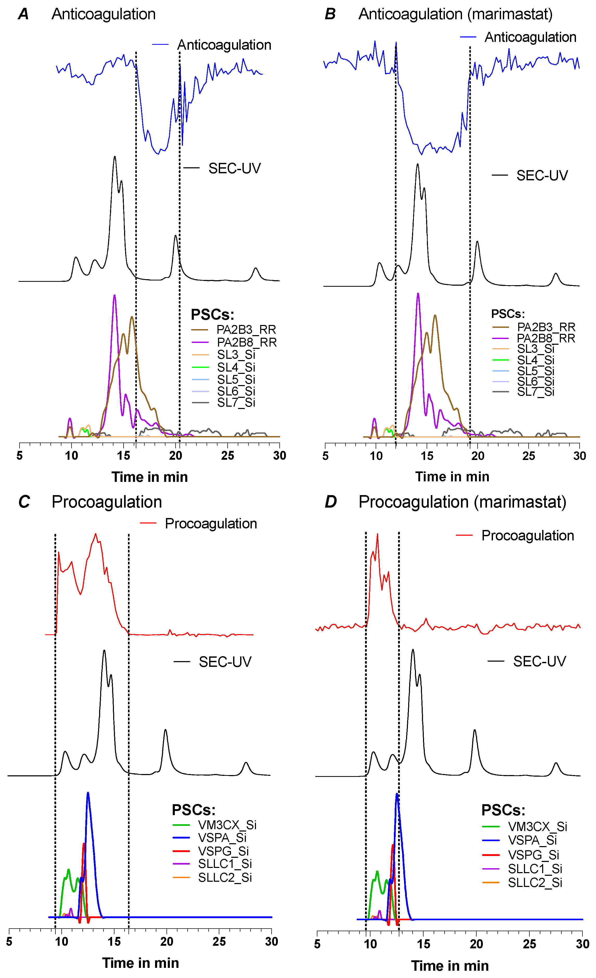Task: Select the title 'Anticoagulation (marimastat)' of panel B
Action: [x=455, y=14]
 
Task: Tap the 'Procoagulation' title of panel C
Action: [x=107, y=502]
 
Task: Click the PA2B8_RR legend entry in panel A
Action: [x=246, y=342]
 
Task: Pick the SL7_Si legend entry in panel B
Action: [x=535, y=392]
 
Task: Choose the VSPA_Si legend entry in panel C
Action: [x=222, y=838]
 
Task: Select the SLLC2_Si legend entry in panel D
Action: [x=535, y=883]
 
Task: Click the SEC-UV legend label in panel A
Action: [x=234, y=168]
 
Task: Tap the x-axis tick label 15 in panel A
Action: [x=123, y=456]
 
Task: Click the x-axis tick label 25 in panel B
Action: [x=529, y=456]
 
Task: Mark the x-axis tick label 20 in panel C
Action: [x=167, y=942]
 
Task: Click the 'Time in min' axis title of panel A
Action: [x=150, y=477]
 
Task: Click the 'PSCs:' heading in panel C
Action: [x=193, y=810]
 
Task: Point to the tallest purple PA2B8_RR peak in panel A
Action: [x=114, y=296]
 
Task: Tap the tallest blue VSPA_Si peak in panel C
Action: [x=88, y=794]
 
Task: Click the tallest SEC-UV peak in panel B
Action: [x=418, y=165]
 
